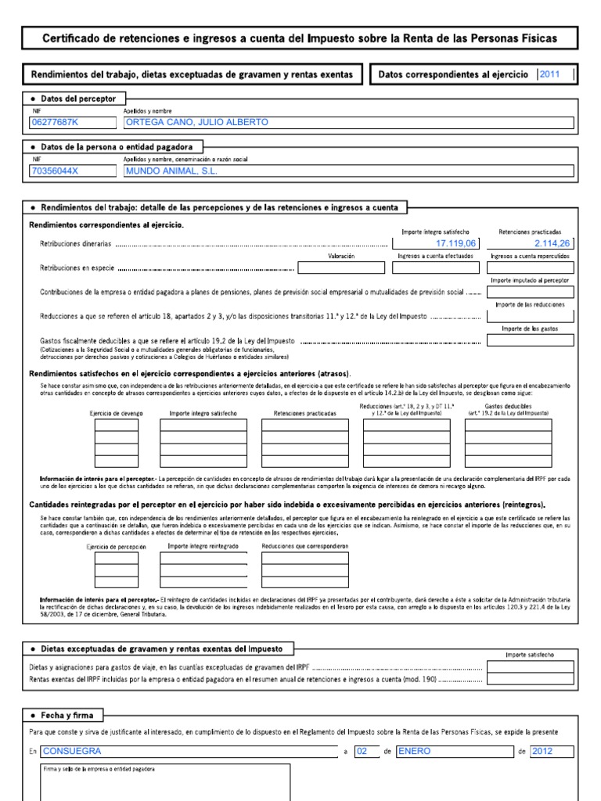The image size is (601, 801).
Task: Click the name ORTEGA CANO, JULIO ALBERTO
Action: click(x=196, y=123)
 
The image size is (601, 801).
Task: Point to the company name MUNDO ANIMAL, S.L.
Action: click(x=171, y=171)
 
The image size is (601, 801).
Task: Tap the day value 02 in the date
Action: click(x=362, y=751)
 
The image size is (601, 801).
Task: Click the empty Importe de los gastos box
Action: click(x=530, y=340)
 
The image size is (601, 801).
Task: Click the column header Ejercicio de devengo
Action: click(x=115, y=412)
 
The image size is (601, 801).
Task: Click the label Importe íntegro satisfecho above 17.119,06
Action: click(x=435, y=232)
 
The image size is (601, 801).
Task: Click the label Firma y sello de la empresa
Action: click(x=99, y=769)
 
